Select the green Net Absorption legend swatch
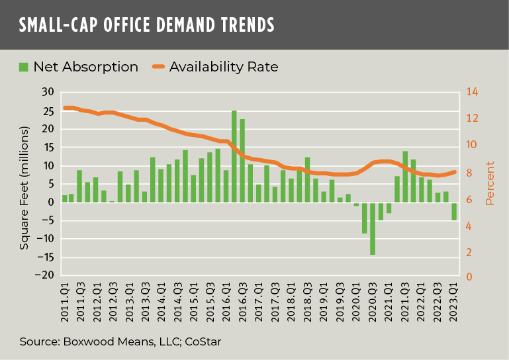(x=24, y=67)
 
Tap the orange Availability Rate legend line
(x=158, y=67)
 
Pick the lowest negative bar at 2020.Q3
(x=373, y=228)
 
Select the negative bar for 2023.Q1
(x=454, y=211)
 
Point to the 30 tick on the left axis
(x=47, y=92)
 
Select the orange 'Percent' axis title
(x=490, y=183)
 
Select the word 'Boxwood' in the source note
(x=84, y=341)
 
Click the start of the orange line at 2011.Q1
(x=65, y=107)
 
